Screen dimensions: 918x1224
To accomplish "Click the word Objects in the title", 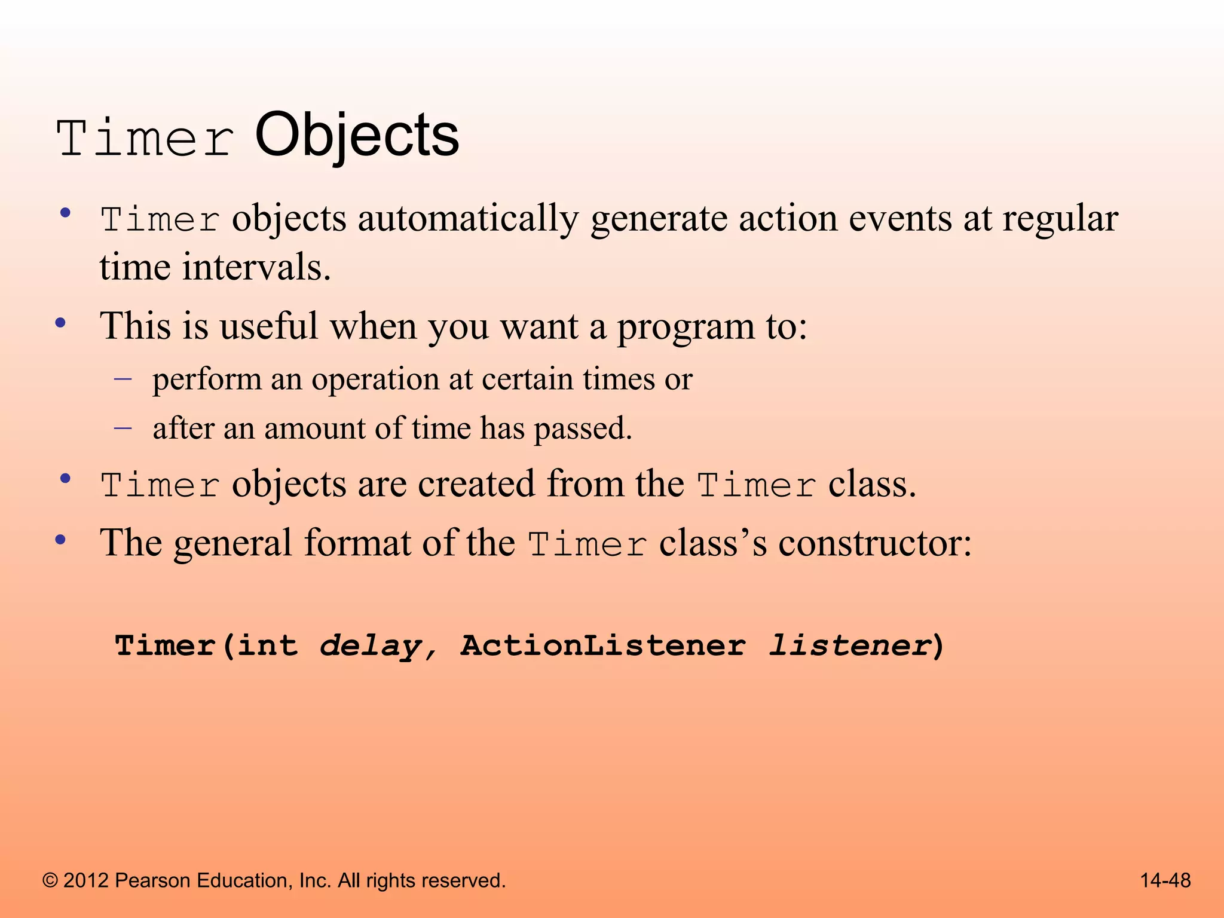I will tap(357, 136).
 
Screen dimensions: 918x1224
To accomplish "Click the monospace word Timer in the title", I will tap(145, 139).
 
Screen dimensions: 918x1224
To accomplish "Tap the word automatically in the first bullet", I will tap(468, 218).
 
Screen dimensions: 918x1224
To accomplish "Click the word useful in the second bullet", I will tap(268, 326).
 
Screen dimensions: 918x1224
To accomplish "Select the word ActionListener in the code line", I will tap(603, 645).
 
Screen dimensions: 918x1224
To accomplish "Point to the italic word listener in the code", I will tap(849, 645).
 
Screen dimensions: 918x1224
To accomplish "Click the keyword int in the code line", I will tap(267, 645).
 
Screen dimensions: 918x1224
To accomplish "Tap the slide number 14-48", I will tap(1165, 880).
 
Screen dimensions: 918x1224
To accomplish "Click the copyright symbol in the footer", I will tap(51, 880).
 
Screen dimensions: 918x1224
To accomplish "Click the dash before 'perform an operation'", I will tap(123, 378).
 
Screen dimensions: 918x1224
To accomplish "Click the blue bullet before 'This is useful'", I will tap(60, 323).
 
